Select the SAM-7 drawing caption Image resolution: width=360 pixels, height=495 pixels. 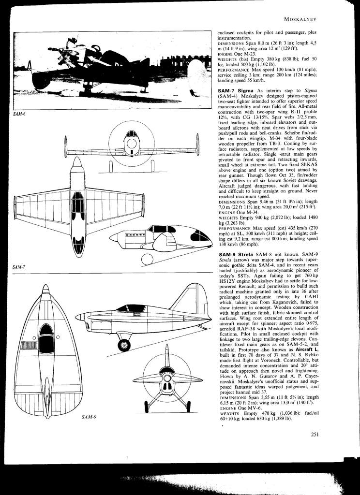[19, 267]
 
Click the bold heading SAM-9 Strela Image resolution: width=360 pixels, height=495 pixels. [237, 254]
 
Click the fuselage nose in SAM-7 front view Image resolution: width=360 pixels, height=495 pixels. [131, 145]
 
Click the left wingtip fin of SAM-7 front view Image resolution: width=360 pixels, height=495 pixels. [66, 143]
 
